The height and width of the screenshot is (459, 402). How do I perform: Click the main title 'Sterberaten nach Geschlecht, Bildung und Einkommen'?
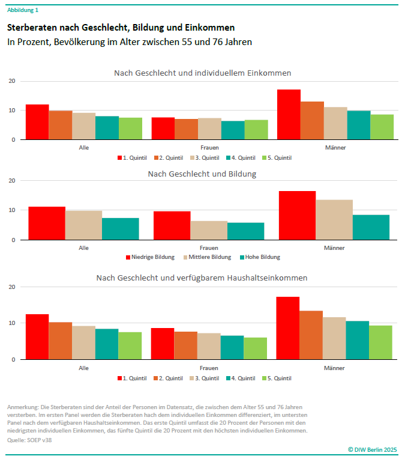pos(121,28)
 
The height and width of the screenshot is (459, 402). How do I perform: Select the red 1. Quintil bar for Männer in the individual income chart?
pos(289,115)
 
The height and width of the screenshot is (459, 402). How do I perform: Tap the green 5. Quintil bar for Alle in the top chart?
pos(130,129)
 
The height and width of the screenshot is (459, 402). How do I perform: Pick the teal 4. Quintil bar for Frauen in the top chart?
pos(233,130)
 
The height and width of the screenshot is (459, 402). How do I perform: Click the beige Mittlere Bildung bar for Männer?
pos(334,220)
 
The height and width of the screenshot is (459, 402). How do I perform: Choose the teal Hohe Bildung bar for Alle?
pos(121,229)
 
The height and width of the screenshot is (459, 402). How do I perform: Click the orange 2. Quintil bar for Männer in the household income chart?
pos(311,335)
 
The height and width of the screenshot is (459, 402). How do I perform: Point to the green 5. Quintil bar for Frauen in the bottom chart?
pos(256,348)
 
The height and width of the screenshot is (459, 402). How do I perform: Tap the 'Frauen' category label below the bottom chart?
pos(209,367)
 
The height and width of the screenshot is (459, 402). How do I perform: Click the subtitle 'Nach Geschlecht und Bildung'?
pos(202,174)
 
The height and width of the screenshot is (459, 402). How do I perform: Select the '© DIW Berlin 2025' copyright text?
pos(372,449)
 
